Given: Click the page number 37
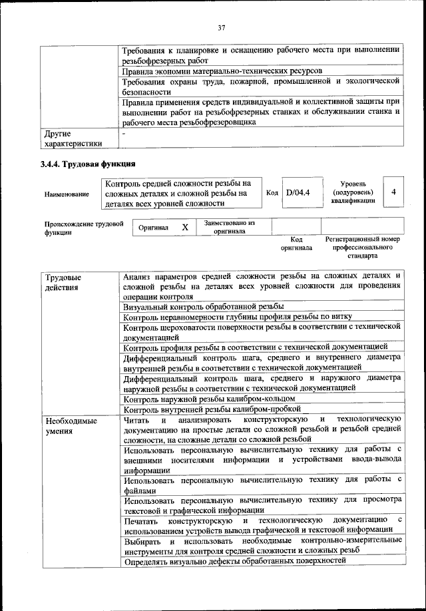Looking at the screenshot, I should click(x=222, y=27).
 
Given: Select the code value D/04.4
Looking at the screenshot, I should click(x=298, y=192).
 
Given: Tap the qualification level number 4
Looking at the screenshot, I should click(x=394, y=192).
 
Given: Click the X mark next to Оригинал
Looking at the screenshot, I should click(x=185, y=228).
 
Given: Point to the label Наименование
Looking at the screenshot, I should click(x=67, y=194).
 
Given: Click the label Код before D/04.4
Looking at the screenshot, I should click(x=272, y=192).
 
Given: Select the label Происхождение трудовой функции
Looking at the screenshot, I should click(x=84, y=228).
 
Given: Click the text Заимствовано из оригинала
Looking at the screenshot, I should click(x=230, y=228).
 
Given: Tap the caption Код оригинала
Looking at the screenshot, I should click(x=296, y=243).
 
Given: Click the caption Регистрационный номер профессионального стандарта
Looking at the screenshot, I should click(x=362, y=247).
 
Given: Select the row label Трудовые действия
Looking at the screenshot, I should click(x=63, y=282).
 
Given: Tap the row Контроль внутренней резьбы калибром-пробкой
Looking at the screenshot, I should click(x=212, y=409).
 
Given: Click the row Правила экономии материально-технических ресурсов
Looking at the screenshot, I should click(x=224, y=70).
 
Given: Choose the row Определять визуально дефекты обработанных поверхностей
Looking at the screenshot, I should click(x=235, y=561).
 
